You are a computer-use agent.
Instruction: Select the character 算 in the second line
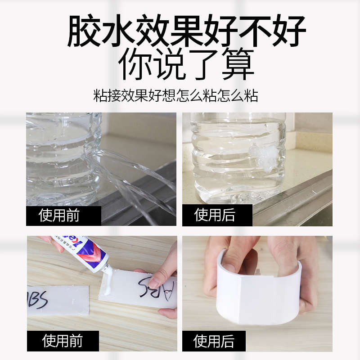(x=238, y=64)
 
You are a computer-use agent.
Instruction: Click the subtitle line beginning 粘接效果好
(x=175, y=95)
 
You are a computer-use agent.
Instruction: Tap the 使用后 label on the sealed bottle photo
(x=214, y=216)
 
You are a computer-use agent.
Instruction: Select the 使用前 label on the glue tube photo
(x=63, y=341)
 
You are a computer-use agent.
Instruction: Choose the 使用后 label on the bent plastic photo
(x=214, y=341)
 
